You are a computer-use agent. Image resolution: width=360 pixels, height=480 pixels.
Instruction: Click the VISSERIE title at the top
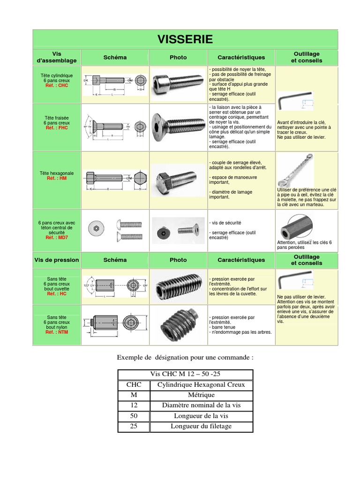coord(185,39)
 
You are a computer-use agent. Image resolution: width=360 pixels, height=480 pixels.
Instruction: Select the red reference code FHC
coord(56,127)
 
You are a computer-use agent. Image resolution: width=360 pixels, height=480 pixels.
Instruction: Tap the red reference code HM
coord(56,179)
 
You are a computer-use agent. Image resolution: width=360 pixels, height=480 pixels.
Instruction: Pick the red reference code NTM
coord(56,332)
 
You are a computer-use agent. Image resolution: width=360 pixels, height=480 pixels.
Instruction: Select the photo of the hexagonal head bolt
coord(178,180)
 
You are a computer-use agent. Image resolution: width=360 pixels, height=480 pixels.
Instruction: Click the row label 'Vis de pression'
coord(56,260)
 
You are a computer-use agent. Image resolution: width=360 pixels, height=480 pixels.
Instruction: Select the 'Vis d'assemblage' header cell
coord(56,58)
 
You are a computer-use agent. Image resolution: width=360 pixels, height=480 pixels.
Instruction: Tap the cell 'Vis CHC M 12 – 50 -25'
coord(185,375)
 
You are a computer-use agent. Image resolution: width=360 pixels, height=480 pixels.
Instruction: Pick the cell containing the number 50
coord(134,416)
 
